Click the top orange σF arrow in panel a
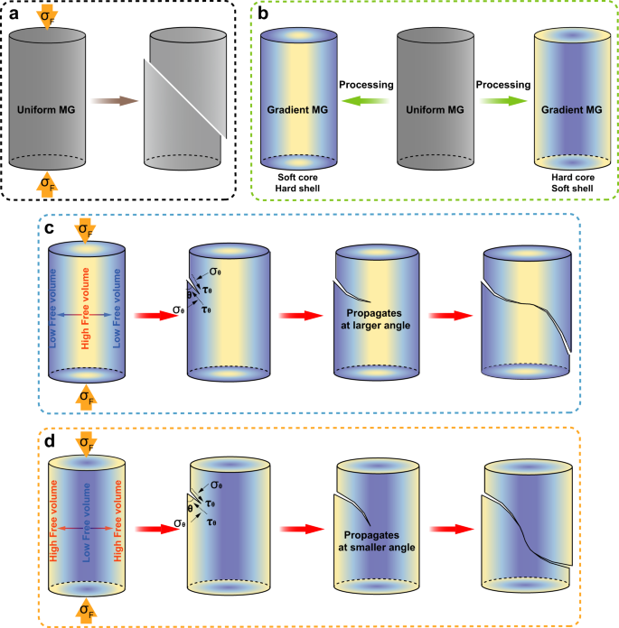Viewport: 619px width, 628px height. point(46,17)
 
